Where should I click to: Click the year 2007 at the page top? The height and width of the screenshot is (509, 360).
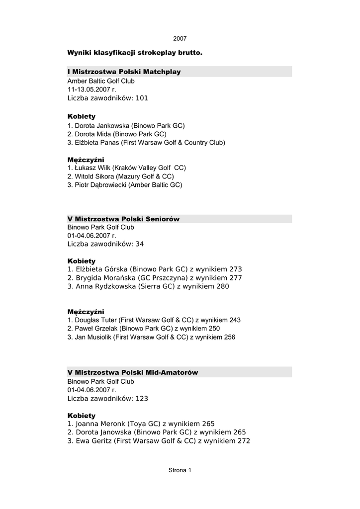coord(180,39)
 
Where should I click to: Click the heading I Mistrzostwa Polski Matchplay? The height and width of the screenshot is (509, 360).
coord(124,72)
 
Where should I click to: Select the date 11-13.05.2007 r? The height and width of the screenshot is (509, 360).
coord(91,89)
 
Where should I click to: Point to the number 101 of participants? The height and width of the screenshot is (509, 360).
coord(142,98)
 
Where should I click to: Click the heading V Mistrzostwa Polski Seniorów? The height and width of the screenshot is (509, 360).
coord(123,219)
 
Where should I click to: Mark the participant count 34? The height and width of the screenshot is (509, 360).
coord(140,244)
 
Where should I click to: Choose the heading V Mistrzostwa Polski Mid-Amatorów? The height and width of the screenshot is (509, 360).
coord(133,372)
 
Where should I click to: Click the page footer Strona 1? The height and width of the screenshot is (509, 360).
coord(180,470)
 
